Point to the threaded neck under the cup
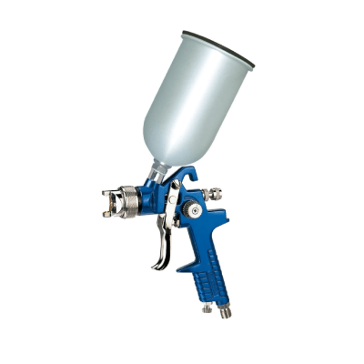tap(161, 172)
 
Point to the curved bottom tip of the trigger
tap(155, 268)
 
